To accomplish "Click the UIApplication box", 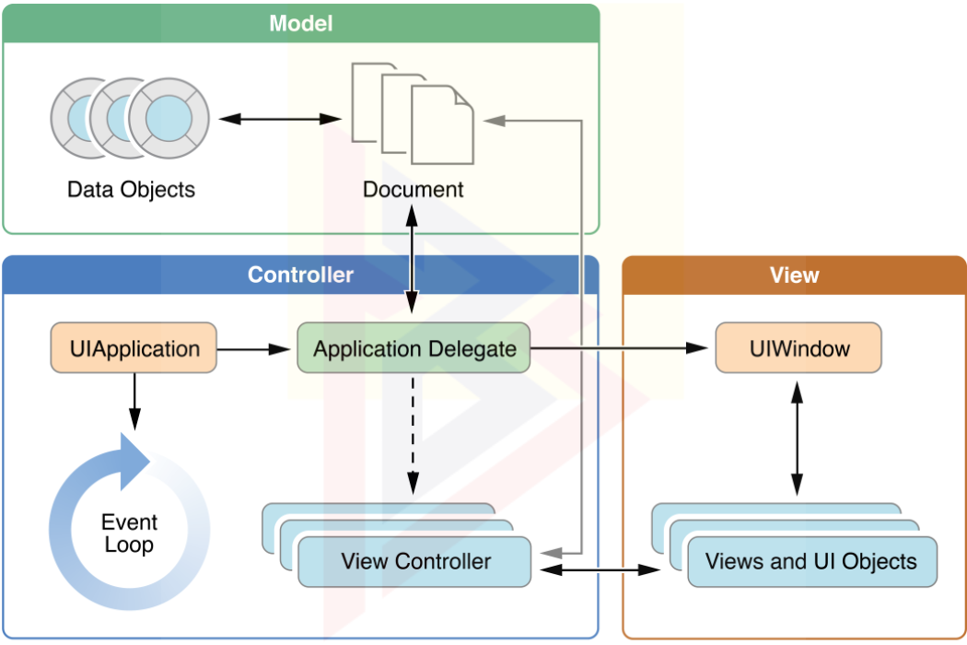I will (x=134, y=348).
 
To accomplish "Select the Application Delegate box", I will (x=414, y=348).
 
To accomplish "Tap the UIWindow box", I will (x=798, y=348).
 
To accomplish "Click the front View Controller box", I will (x=415, y=562).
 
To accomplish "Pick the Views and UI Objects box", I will (x=811, y=562).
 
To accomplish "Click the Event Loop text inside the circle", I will (x=129, y=534).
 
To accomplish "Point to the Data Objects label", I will (x=131, y=190).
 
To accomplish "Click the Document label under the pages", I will (x=413, y=190).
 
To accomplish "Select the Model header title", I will (x=300, y=24).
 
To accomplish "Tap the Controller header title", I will (x=300, y=275).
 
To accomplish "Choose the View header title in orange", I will (x=794, y=275).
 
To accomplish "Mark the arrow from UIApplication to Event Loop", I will (x=134, y=401).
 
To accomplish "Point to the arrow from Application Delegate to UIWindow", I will (x=623, y=349).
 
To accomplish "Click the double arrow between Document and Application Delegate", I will (x=413, y=259).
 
